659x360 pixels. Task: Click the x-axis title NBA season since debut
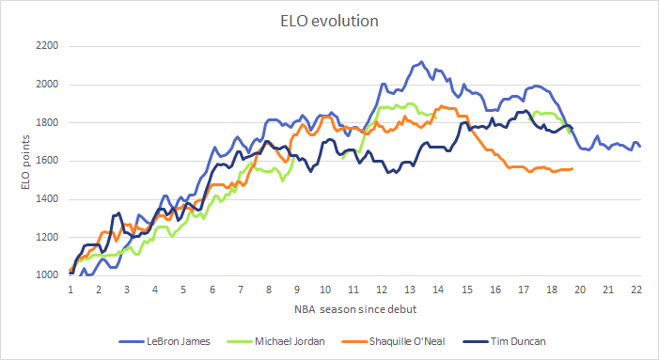click(x=354, y=309)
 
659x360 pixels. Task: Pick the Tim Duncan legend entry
click(x=500, y=340)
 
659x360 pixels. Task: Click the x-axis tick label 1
click(x=71, y=290)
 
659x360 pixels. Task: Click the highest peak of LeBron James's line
click(x=420, y=62)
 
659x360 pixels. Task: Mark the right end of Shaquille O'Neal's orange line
click(x=573, y=168)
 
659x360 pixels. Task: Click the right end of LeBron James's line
click(x=640, y=146)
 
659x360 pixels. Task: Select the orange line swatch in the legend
click(x=348, y=340)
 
